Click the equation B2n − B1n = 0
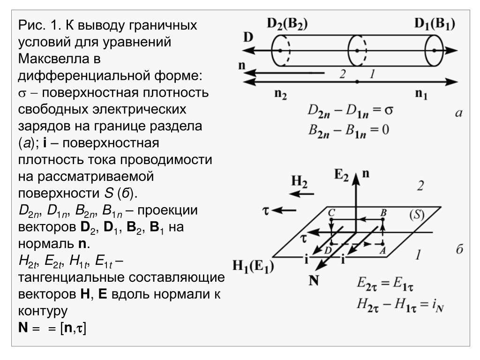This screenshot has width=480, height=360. tap(348, 129)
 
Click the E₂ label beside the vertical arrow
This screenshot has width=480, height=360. tap(341, 176)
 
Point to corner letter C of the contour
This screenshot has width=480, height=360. tap(331, 213)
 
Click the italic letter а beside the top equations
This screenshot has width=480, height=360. tap(459, 112)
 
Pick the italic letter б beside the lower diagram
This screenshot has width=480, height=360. tap(459, 249)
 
